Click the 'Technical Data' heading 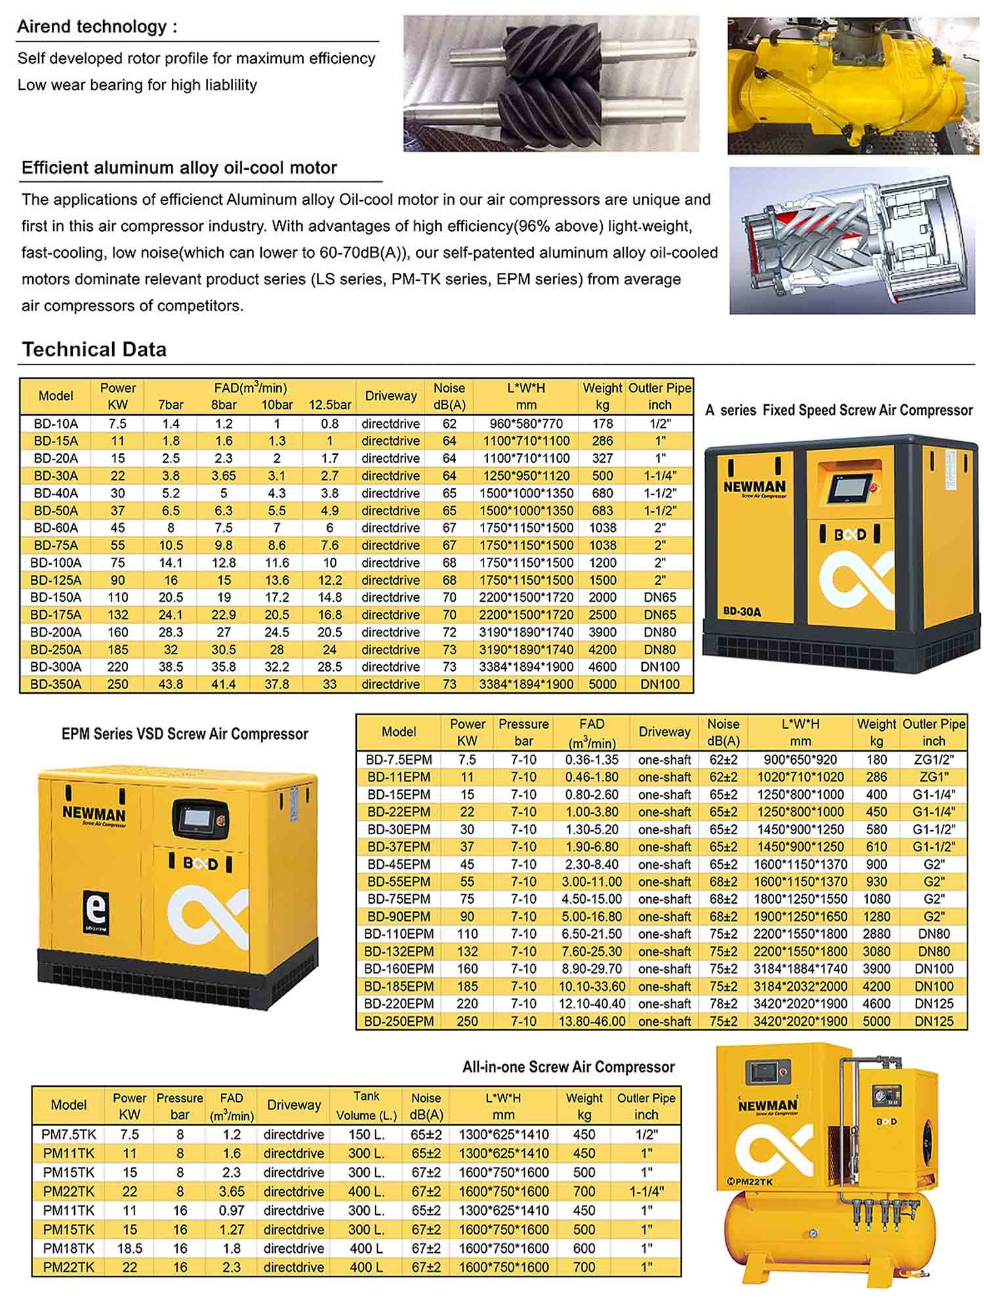coord(94,349)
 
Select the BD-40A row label coord(56,493)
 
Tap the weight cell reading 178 coord(602,423)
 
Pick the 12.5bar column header coord(330,404)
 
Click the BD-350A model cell coord(56,684)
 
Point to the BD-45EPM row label coord(399,864)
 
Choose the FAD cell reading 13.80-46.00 coord(592,1021)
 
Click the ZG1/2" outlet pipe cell coord(933,759)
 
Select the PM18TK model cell coord(69,1248)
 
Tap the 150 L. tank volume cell coord(366,1135)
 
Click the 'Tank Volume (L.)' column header coord(366,1105)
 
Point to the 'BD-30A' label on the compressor coord(742,612)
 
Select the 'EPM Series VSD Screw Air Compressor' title coord(184,734)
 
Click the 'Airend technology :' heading coord(97,27)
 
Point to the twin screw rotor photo coord(551,83)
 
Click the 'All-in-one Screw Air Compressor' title coord(568,1066)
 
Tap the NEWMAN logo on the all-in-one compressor coord(768,1105)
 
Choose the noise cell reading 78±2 coord(723,1003)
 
